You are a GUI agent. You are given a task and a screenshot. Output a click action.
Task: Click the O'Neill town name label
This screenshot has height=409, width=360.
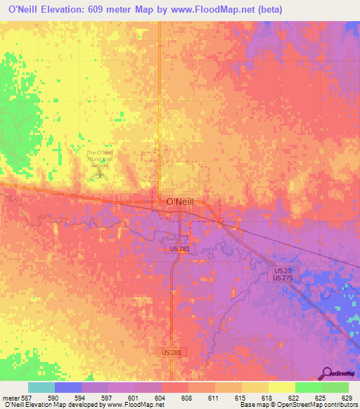pos(179,202)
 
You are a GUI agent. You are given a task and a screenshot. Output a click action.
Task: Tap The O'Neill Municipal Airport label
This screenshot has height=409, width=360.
pos(99,157)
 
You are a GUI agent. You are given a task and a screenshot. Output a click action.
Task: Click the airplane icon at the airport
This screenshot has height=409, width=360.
pos(100,174)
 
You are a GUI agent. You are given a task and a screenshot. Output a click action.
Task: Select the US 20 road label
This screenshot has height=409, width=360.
pos(283,271)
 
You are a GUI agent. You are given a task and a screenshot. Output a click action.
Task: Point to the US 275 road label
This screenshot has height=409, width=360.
pos(283,278)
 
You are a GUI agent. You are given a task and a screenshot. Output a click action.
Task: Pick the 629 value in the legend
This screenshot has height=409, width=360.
pos(349,397)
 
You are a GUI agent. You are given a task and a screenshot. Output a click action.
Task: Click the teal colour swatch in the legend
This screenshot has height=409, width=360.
pos(41,387)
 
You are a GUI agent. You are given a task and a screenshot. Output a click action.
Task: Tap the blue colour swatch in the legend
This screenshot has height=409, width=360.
pos(68,387)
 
